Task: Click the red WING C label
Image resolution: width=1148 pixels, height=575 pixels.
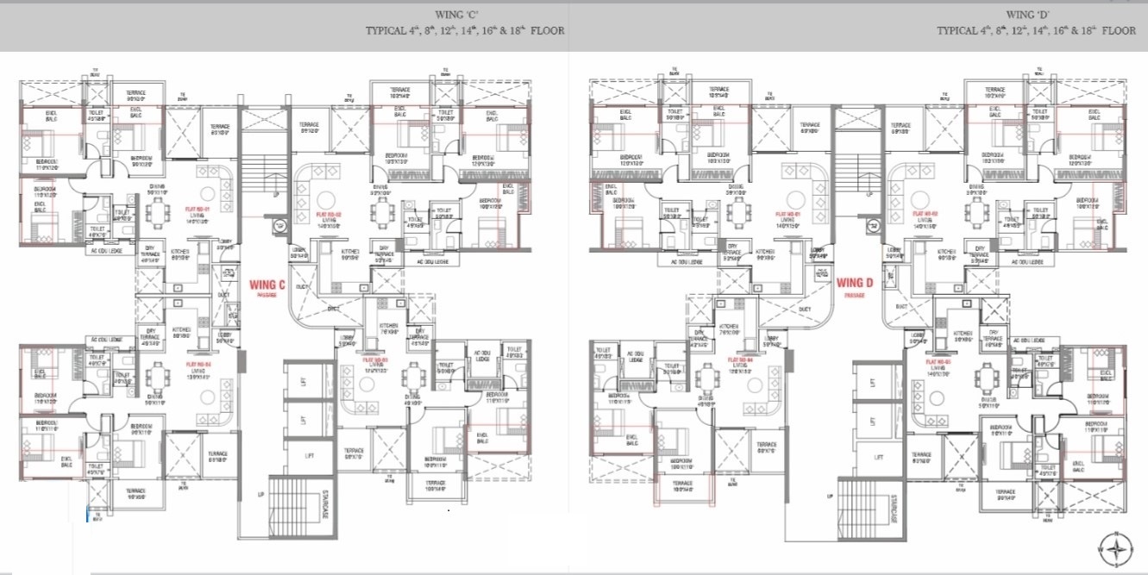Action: (267, 284)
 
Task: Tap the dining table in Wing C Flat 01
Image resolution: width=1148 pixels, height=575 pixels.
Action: (158, 211)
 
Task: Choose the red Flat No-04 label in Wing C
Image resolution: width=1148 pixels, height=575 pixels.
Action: (201, 365)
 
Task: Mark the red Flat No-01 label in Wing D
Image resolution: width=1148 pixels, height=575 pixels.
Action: (788, 211)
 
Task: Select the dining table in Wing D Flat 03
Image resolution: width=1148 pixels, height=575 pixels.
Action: (986, 377)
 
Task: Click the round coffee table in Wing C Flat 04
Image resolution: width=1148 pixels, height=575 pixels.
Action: (207, 397)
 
